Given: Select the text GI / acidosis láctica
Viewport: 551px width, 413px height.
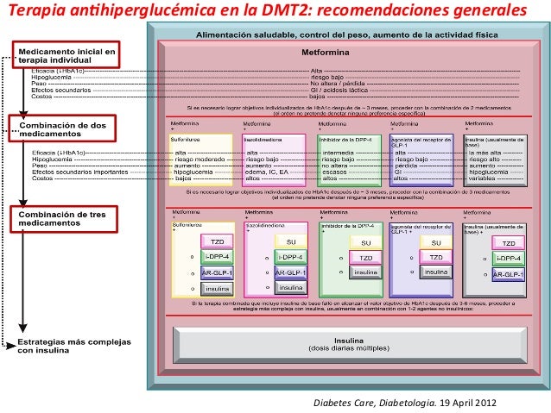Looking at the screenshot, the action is pos(338,89).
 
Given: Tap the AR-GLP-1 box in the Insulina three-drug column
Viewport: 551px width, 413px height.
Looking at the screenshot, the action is pos(509,273).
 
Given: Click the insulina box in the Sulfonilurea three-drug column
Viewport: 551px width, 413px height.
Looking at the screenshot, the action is pos(215,286).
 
